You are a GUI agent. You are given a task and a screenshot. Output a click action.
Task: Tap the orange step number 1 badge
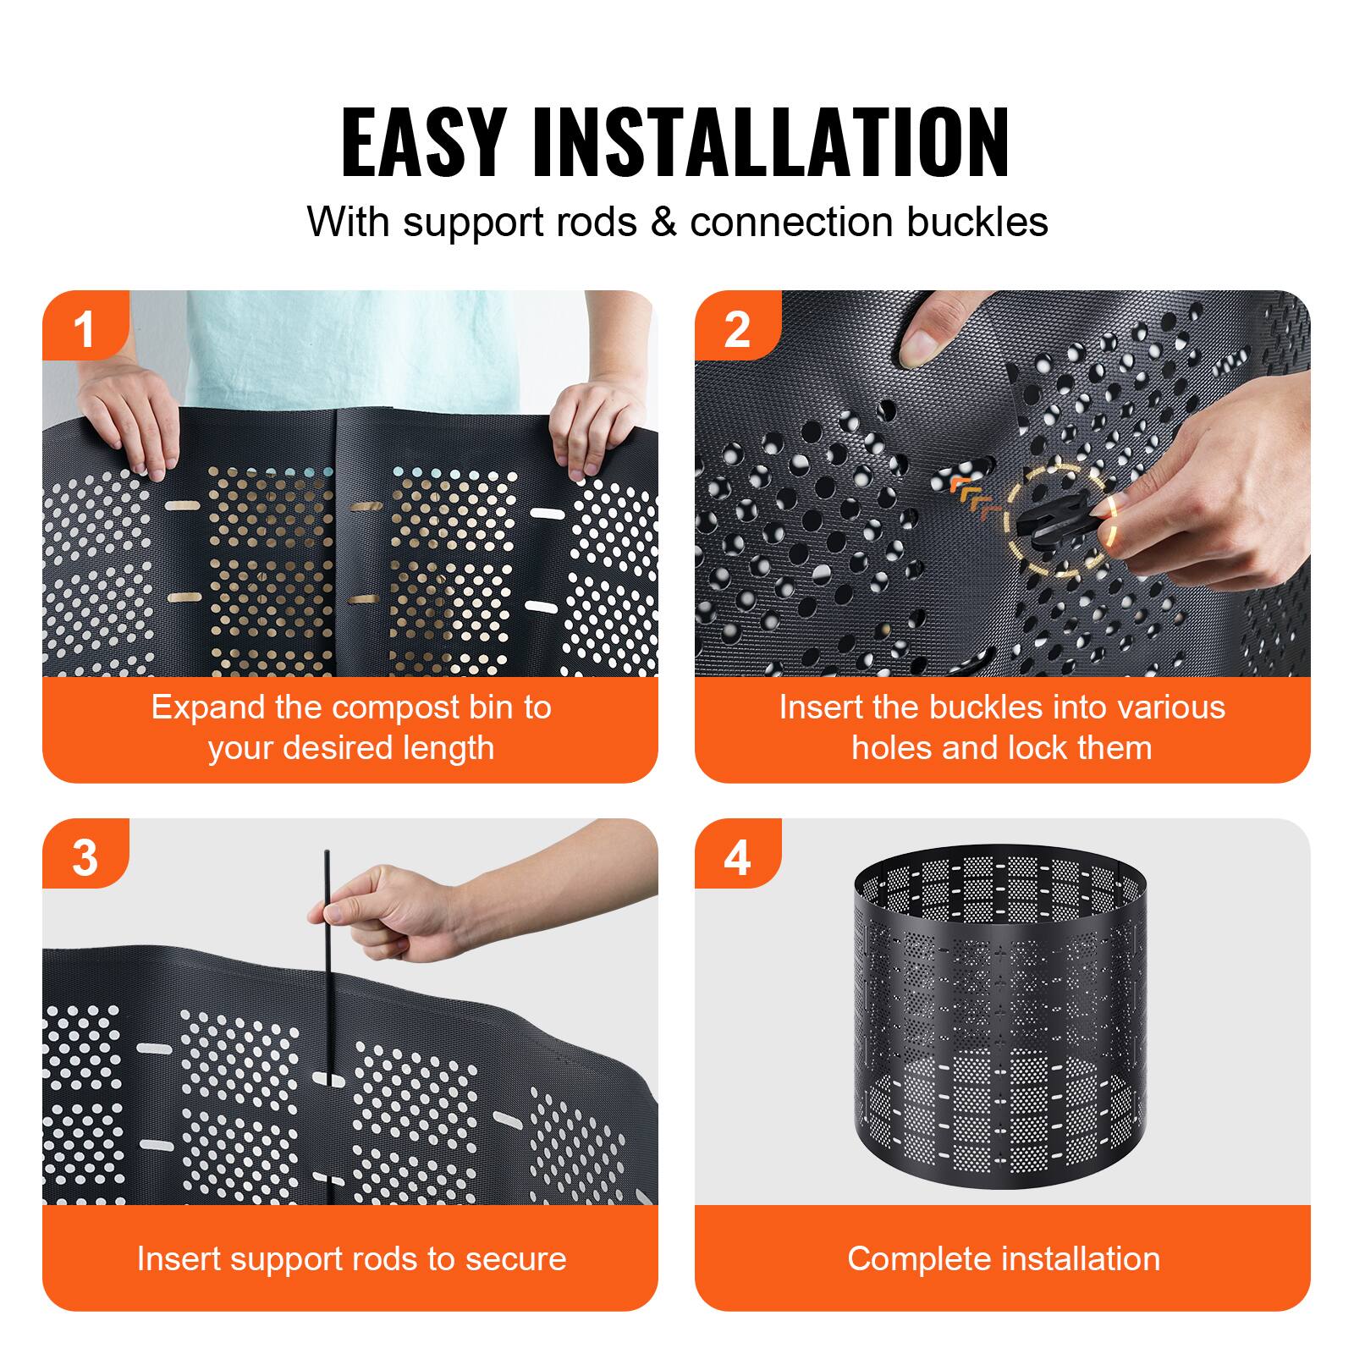click(85, 328)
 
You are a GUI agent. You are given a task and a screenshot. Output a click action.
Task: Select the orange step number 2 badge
click(736, 328)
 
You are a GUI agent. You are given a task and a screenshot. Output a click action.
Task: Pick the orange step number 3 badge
click(85, 856)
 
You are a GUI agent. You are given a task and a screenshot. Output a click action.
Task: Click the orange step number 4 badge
click(736, 856)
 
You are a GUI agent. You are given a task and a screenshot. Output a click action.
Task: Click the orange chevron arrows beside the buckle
click(973, 497)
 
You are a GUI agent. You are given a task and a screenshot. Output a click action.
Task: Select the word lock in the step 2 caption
click(1045, 748)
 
